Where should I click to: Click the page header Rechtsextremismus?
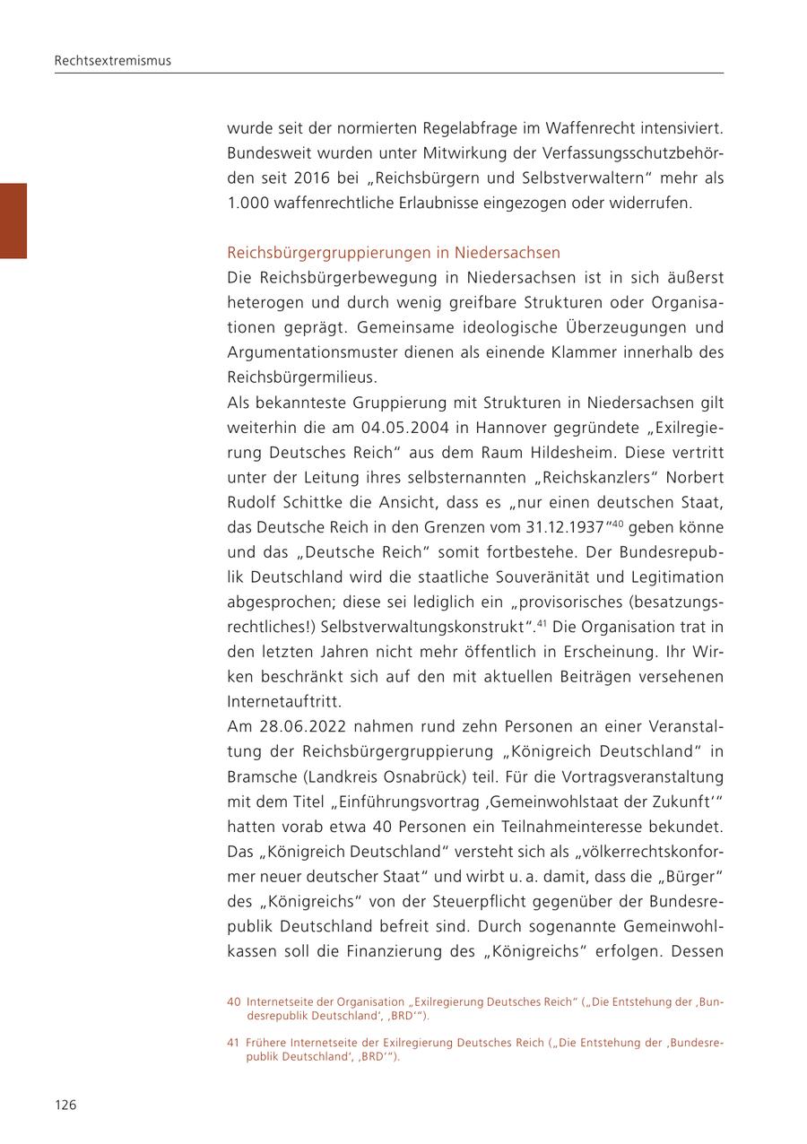point(112,61)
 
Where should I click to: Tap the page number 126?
point(65,1105)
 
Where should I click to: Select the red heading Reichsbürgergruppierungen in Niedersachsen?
point(394,252)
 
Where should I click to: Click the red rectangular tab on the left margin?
point(13,221)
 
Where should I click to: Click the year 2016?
point(311,178)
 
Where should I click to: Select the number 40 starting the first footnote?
point(234,1002)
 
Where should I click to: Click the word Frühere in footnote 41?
point(270,1043)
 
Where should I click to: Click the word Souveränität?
point(502,576)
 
